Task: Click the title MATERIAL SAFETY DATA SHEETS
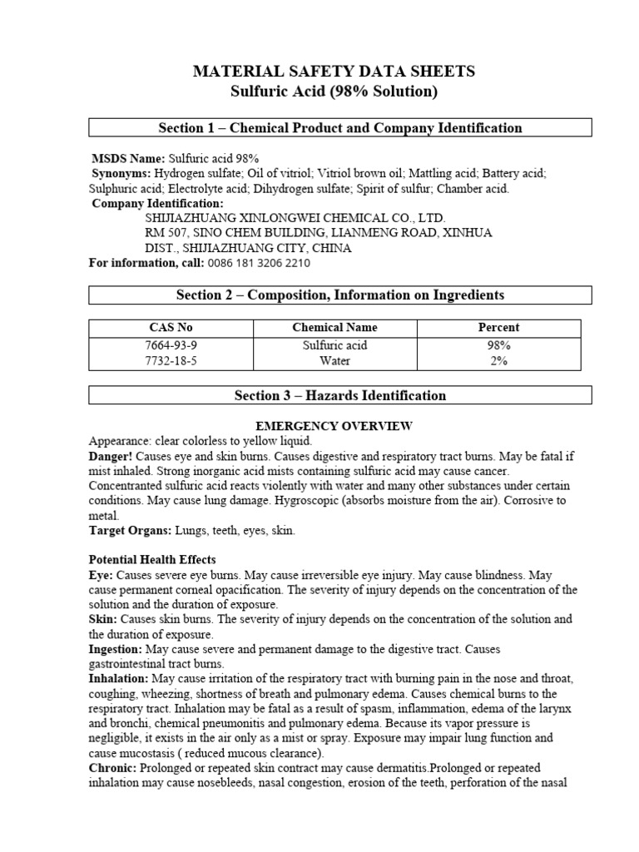click(x=334, y=72)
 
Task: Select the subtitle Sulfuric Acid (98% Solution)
click(x=334, y=92)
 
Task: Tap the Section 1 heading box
click(x=340, y=127)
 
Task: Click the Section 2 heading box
click(x=340, y=295)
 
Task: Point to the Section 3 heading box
click(x=340, y=396)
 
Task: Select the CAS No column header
click(x=170, y=328)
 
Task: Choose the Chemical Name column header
click(x=334, y=328)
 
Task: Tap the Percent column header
click(x=498, y=328)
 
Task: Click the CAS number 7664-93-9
click(x=170, y=345)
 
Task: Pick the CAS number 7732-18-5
click(x=170, y=361)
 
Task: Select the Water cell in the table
click(x=334, y=361)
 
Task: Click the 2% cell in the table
click(x=498, y=361)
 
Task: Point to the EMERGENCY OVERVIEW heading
click(x=334, y=426)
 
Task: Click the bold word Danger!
click(x=110, y=458)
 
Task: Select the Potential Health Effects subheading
click(x=152, y=560)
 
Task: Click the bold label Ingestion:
click(x=116, y=649)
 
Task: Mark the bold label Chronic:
click(x=113, y=768)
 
